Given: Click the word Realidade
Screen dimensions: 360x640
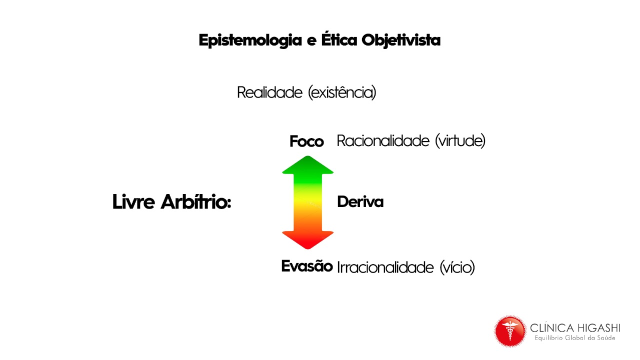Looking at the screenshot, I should point(269,92).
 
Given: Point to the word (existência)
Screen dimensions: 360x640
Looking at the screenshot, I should point(342,92).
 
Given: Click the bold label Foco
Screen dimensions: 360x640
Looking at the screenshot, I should point(306,142).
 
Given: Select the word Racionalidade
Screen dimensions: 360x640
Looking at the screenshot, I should point(383,141).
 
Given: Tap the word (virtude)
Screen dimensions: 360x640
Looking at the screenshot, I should point(460,141).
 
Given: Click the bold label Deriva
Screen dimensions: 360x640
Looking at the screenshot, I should point(360,202).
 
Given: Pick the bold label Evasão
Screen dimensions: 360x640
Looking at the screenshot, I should point(306,266).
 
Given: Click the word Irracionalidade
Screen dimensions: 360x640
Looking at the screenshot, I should point(385,267).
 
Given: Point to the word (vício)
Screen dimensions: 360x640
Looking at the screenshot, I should point(457,267).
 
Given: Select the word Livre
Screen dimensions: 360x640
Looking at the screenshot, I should point(133,202).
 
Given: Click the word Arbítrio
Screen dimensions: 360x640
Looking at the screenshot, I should point(195,202).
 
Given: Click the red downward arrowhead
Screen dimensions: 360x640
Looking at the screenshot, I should point(307,239).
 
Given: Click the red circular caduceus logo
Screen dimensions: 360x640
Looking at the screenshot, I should point(510,331).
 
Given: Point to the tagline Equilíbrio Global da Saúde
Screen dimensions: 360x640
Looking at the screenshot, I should point(575,338).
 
